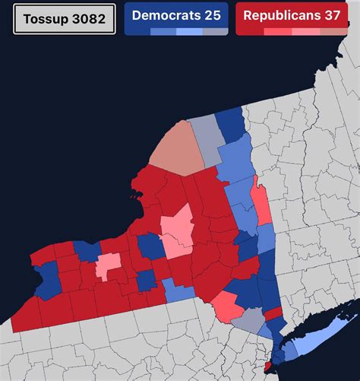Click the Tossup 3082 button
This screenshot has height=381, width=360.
point(65,18)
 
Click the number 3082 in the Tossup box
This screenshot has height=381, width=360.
point(88,18)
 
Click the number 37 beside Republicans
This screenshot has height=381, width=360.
point(331,14)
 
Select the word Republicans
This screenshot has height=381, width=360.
point(281,14)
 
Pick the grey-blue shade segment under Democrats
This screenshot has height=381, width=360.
point(216,32)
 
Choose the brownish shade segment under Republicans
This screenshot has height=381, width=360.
point(333,32)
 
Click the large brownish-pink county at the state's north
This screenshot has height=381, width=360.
point(178,148)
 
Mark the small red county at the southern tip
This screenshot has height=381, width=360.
point(267,368)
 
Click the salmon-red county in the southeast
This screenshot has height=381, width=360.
point(226,306)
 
